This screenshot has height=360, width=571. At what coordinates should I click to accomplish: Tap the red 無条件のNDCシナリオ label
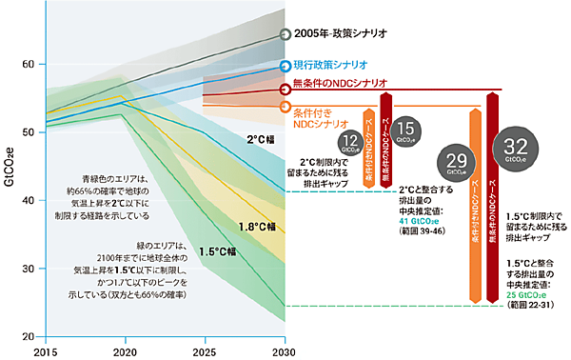[x=345, y=85]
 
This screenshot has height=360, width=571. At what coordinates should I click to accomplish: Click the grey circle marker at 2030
[x=285, y=35]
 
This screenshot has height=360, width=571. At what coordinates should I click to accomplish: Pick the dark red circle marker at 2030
[x=285, y=90]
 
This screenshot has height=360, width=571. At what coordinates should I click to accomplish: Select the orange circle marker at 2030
[x=285, y=106]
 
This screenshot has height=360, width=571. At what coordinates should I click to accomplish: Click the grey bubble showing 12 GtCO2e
[x=348, y=142]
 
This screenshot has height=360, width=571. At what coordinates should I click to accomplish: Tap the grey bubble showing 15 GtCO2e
[x=404, y=131]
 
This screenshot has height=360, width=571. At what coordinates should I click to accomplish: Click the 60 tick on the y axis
[x=28, y=64]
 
